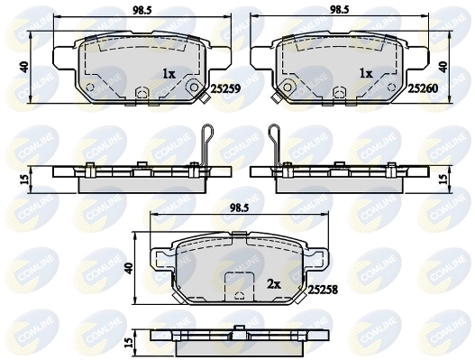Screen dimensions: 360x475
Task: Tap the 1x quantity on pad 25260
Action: (367, 74)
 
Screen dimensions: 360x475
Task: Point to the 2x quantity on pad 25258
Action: (273, 282)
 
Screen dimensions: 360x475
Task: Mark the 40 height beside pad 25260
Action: (443, 67)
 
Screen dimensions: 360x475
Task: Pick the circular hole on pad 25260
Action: (286, 88)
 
